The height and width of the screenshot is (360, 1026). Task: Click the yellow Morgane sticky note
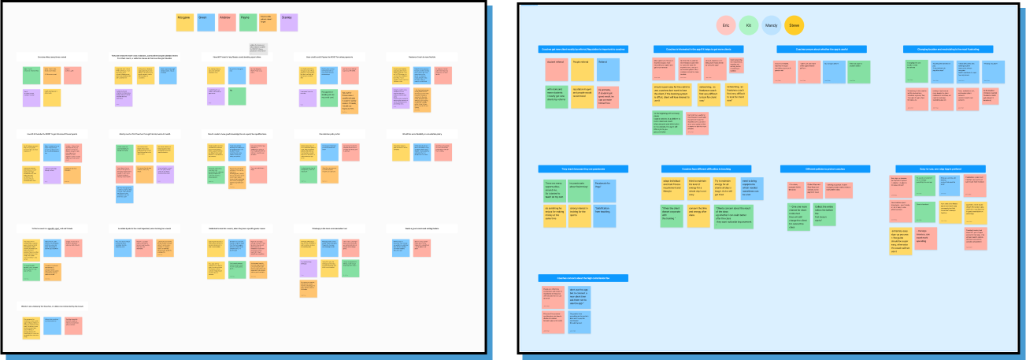[x=184, y=22]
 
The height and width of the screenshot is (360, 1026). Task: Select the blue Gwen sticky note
[x=206, y=22]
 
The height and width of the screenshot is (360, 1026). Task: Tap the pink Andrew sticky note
[x=227, y=22]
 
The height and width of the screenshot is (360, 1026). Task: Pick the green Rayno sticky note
[x=247, y=22]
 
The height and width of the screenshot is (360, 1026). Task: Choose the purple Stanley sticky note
[x=289, y=22]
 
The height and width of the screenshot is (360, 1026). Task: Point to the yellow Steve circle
[x=795, y=25]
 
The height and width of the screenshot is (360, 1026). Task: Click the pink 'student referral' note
[x=556, y=69]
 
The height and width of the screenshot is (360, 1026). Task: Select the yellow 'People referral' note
[x=582, y=69]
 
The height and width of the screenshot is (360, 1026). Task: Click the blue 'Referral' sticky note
[x=608, y=69]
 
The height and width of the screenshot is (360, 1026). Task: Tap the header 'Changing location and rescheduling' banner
[x=948, y=49]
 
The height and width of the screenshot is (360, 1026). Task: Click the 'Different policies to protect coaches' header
[x=824, y=169]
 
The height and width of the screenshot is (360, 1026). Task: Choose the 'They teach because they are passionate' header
[x=582, y=169]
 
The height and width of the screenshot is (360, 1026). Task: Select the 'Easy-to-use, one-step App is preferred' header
[x=940, y=169]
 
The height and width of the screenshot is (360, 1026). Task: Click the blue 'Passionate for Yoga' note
[x=606, y=189]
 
